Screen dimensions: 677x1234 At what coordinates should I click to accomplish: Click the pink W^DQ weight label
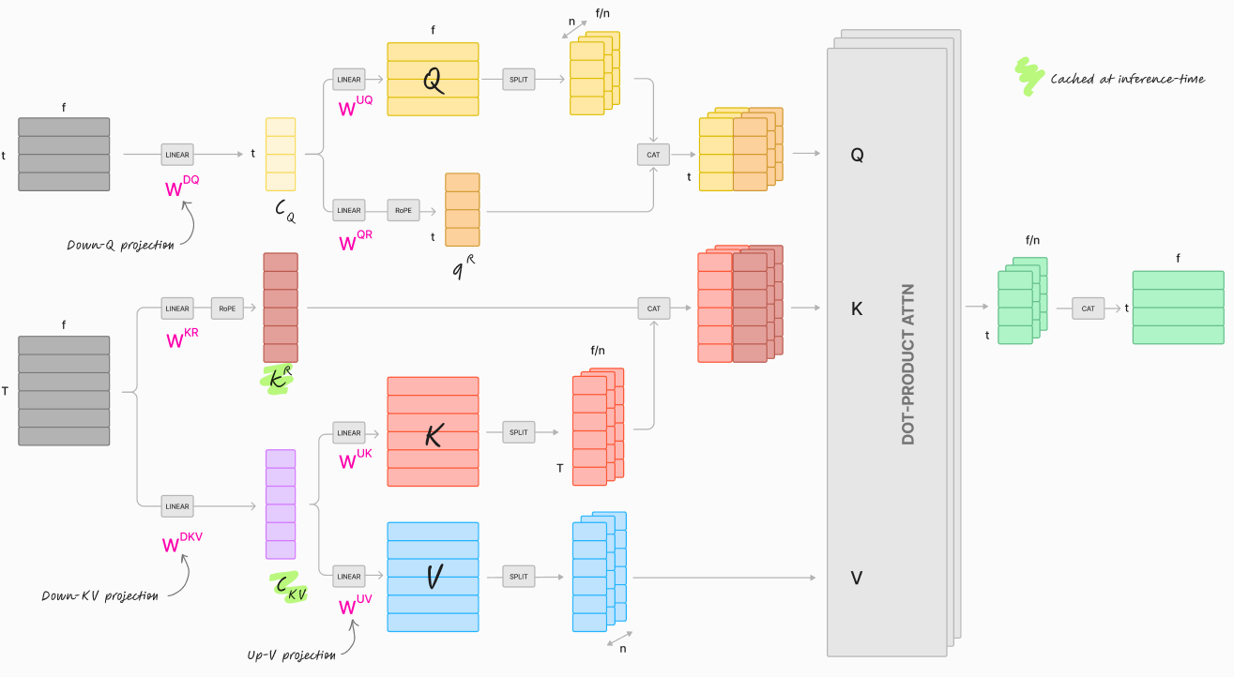(x=182, y=187)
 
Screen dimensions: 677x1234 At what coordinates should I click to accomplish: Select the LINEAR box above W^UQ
(x=349, y=80)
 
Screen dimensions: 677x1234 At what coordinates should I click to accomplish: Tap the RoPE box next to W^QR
(x=403, y=210)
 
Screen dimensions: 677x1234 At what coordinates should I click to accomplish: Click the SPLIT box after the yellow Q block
(x=519, y=80)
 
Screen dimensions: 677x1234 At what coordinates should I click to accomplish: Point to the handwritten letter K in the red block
(x=434, y=434)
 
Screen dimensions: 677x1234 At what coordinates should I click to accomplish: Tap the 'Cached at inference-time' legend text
(x=1127, y=79)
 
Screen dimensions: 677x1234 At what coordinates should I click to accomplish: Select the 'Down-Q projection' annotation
(x=120, y=246)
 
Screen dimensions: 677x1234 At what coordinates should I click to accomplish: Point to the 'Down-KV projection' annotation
(x=99, y=596)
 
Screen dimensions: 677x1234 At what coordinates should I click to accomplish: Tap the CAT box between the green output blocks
(x=1088, y=308)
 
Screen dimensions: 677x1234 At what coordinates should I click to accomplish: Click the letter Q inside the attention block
(x=857, y=156)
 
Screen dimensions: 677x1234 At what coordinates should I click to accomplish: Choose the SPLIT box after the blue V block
(x=519, y=577)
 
